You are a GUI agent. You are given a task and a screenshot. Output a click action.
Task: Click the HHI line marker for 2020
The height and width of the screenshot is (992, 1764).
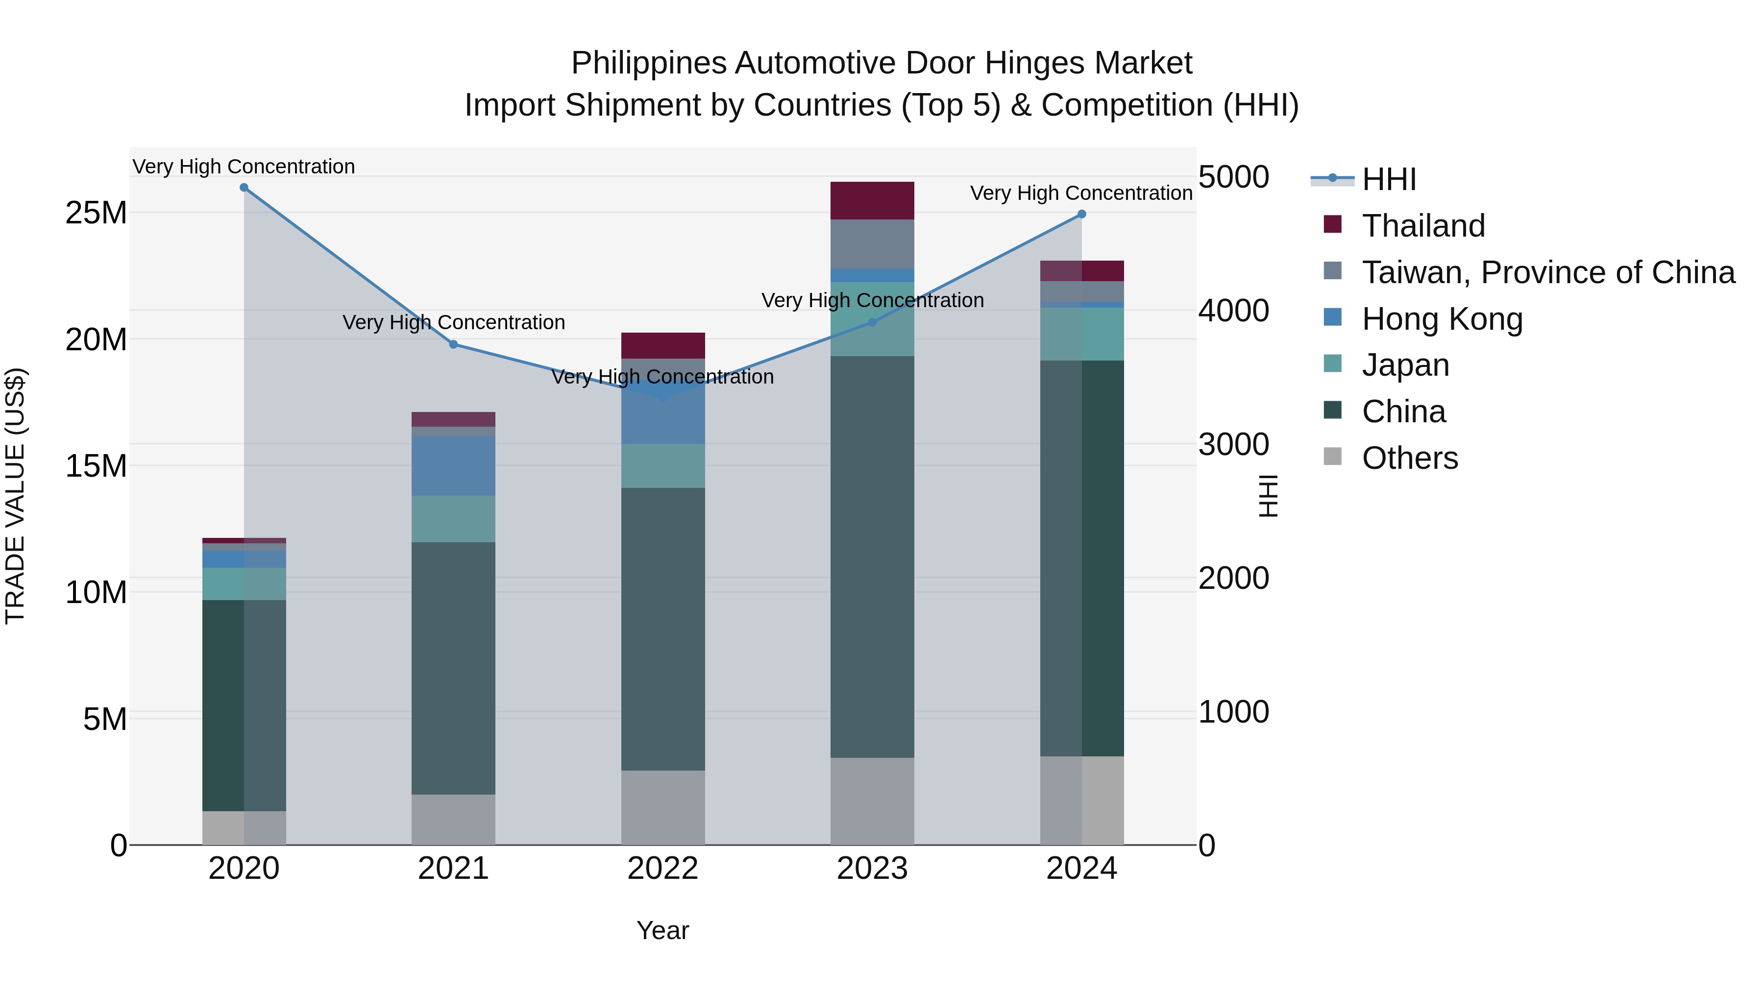coord(244,188)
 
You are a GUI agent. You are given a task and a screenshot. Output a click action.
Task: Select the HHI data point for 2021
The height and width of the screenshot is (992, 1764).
coord(453,344)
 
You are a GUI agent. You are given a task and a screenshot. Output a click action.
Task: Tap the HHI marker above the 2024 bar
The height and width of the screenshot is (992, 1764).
coord(1082,214)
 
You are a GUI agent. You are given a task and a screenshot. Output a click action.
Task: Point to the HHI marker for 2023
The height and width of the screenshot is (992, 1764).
coord(872,322)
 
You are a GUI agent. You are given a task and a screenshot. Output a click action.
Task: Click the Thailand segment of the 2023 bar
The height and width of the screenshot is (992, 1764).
coord(872,200)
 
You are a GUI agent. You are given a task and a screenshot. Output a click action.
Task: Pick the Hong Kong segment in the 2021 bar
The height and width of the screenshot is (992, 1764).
coord(453,465)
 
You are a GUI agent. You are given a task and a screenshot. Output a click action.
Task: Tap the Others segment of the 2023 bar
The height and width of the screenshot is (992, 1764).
coord(872,800)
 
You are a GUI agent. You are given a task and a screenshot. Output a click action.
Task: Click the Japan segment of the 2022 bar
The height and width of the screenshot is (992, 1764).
coord(663,465)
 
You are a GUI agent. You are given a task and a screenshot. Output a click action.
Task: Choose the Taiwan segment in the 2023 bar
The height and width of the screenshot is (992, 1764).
coord(872,244)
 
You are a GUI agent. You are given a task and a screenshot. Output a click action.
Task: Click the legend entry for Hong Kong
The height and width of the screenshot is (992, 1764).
coord(1442,319)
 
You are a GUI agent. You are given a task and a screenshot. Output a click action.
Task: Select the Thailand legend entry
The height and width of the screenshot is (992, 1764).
coord(1423,226)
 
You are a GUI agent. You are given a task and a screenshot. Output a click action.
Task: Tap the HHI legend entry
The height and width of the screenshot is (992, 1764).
coord(1388,179)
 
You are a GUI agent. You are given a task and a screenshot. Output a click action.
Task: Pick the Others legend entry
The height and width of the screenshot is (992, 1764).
coord(1409,458)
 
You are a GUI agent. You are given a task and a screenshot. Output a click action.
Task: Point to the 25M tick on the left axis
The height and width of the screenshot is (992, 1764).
coord(96,213)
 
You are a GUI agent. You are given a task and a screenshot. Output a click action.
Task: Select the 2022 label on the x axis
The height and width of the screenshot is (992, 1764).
coord(663,869)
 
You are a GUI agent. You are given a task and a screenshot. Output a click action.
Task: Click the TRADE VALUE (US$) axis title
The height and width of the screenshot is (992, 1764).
coord(15,496)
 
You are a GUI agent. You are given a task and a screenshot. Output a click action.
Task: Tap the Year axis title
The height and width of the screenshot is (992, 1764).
coord(663,930)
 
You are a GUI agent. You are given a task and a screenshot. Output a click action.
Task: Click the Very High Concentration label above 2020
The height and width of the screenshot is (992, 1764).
coord(244,167)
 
